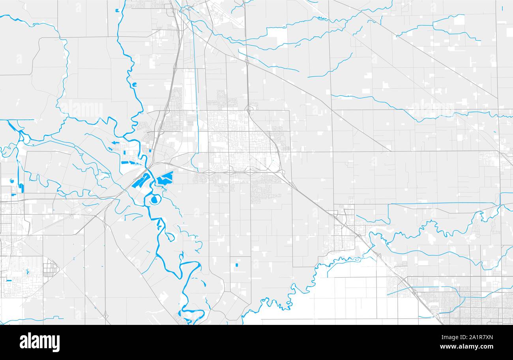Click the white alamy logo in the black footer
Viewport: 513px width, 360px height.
(40, 342)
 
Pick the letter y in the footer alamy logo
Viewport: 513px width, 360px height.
(56, 343)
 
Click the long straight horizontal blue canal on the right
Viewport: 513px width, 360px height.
(442, 203)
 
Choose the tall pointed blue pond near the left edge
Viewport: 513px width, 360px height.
(21, 188)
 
